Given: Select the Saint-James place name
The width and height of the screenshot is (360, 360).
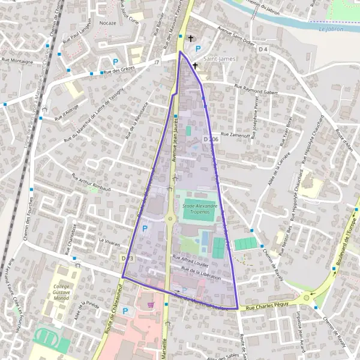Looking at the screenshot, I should [219, 59].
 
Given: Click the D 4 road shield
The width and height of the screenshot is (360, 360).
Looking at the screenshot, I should [263, 49].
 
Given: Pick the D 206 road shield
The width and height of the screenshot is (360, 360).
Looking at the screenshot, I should [211, 139].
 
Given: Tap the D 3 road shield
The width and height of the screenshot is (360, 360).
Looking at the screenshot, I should [126, 258].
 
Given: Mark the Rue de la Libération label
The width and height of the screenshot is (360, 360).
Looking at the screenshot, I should [201, 273].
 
